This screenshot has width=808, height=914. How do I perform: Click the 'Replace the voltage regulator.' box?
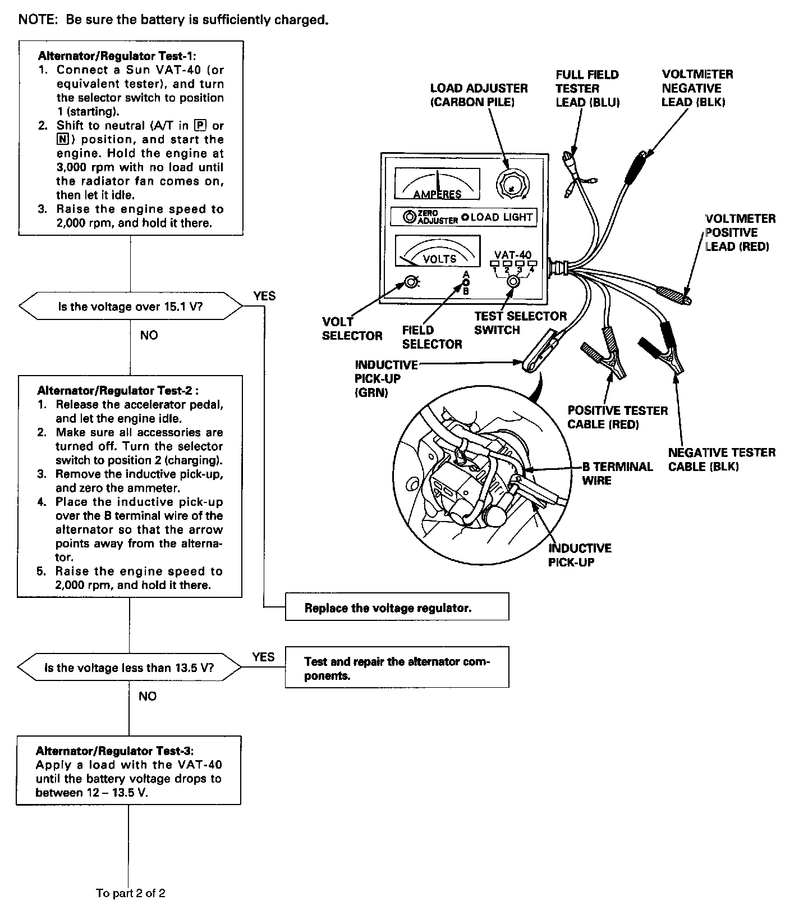point(397,607)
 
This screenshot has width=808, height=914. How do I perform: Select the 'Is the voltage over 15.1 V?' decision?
point(131,307)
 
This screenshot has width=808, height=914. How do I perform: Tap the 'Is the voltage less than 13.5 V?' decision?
point(129,668)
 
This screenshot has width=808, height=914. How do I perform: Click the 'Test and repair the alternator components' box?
point(397,668)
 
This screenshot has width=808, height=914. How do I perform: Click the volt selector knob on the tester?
point(411,282)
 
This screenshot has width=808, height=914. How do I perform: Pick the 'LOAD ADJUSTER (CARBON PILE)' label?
point(479,95)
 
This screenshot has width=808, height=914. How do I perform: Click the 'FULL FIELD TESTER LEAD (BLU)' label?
point(587,88)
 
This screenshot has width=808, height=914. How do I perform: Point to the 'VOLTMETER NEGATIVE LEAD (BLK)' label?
point(696,88)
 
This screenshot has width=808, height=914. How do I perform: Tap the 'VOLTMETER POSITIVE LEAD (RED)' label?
point(740,232)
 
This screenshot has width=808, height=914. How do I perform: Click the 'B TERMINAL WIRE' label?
point(617,473)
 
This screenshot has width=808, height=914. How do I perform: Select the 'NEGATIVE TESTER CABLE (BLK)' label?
point(722,459)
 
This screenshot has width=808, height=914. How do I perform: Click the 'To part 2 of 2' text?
point(131,893)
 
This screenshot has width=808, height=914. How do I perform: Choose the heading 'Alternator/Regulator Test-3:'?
point(114,751)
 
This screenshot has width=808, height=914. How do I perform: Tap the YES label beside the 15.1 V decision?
point(264,296)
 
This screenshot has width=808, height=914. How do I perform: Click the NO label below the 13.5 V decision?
point(148,696)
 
